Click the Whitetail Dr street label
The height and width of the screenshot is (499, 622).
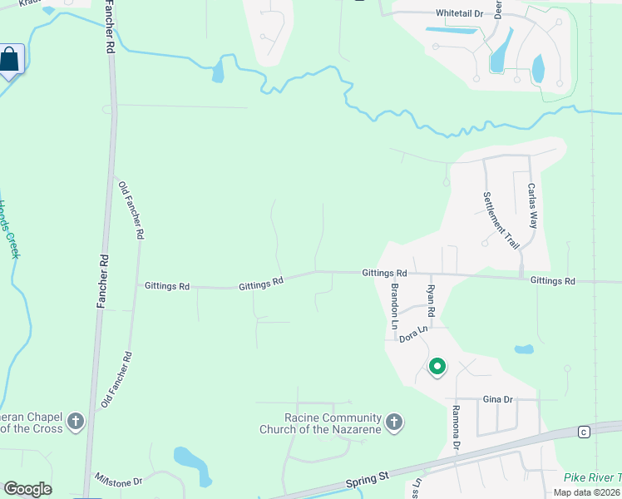460,13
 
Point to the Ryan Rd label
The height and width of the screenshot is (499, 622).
431,300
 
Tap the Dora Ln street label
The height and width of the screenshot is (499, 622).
413,335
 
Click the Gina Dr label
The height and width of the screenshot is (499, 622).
498,399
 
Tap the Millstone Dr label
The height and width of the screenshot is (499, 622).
119,480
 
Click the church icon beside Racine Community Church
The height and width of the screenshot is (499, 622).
395,422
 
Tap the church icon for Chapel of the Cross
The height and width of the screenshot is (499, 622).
76,421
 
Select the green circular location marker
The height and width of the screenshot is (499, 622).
437,366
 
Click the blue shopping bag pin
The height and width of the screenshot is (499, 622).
10,60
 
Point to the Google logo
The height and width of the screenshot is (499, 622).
27,489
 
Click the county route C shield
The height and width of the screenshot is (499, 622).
584,431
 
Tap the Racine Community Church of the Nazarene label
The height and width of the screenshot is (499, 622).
320,423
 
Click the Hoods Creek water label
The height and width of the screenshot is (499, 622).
8,229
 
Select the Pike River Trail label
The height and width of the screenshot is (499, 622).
592,477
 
